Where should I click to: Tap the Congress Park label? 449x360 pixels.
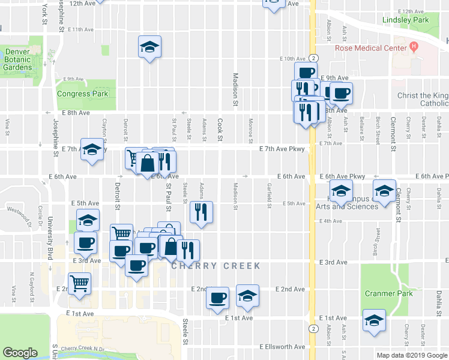coord(82,94)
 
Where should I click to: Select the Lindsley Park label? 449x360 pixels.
coord(406,20)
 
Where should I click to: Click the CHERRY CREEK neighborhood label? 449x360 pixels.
coord(216,266)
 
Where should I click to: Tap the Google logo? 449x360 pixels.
coord(20,353)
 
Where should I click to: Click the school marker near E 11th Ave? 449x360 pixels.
coord(149,47)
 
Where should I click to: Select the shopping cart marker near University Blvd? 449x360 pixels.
coord(80,284)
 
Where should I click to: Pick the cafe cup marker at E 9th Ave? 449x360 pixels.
coord(341,93)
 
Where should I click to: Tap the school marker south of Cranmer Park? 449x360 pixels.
coord(374,320)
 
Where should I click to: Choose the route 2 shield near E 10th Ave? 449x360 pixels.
coord(314,58)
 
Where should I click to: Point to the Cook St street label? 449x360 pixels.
coord(220,128)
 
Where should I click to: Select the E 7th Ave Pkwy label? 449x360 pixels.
coord(283,149)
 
